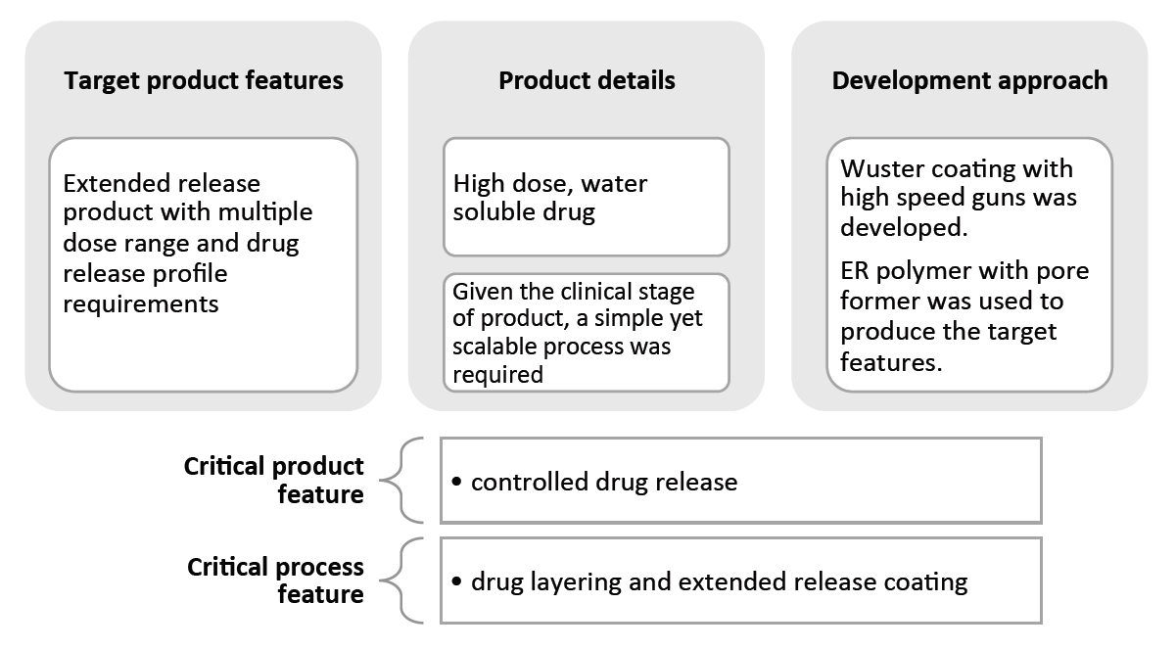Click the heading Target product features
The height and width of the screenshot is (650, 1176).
click(x=203, y=80)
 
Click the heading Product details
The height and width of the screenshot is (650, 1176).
click(x=587, y=80)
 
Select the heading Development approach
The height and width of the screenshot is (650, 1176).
click(x=969, y=80)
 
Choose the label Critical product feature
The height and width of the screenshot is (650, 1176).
click(x=274, y=480)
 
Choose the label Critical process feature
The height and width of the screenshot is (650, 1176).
click(x=275, y=580)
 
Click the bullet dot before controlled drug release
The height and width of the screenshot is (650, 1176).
click(x=457, y=483)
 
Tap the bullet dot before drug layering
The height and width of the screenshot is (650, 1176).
click(x=457, y=582)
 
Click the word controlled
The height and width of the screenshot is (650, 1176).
click(x=518, y=482)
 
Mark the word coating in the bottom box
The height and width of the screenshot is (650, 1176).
click(x=927, y=582)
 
